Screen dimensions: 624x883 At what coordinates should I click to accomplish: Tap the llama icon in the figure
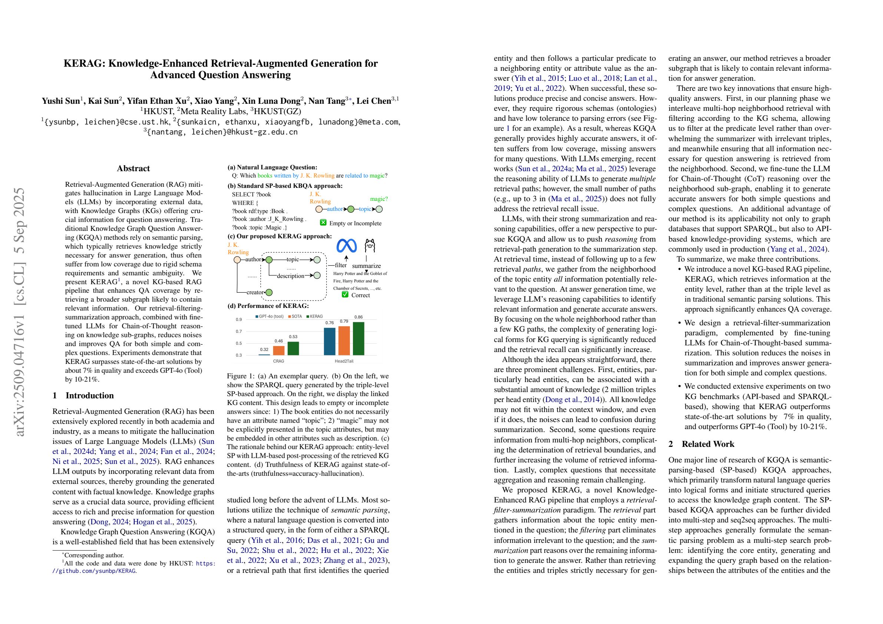point(370,245)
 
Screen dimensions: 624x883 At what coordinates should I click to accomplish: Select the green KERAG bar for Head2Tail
point(358,338)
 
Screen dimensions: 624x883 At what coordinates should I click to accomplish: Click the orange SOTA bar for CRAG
point(279,350)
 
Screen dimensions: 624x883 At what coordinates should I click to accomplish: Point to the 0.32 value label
point(264,349)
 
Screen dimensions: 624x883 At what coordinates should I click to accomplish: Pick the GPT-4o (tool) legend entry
point(269,316)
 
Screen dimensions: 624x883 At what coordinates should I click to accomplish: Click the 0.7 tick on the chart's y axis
point(239,331)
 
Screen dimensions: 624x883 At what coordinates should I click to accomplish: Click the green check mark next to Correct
point(345,295)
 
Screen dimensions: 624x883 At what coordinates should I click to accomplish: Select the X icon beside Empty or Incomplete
point(323,223)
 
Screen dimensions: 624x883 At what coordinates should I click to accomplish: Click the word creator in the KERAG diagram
point(255,292)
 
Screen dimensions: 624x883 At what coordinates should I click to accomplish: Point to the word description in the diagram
point(290,276)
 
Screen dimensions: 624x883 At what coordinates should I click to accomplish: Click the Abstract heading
point(133,168)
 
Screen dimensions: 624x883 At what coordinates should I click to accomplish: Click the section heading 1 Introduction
point(83,396)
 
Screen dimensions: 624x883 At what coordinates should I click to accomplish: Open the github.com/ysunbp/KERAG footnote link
point(94,571)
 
